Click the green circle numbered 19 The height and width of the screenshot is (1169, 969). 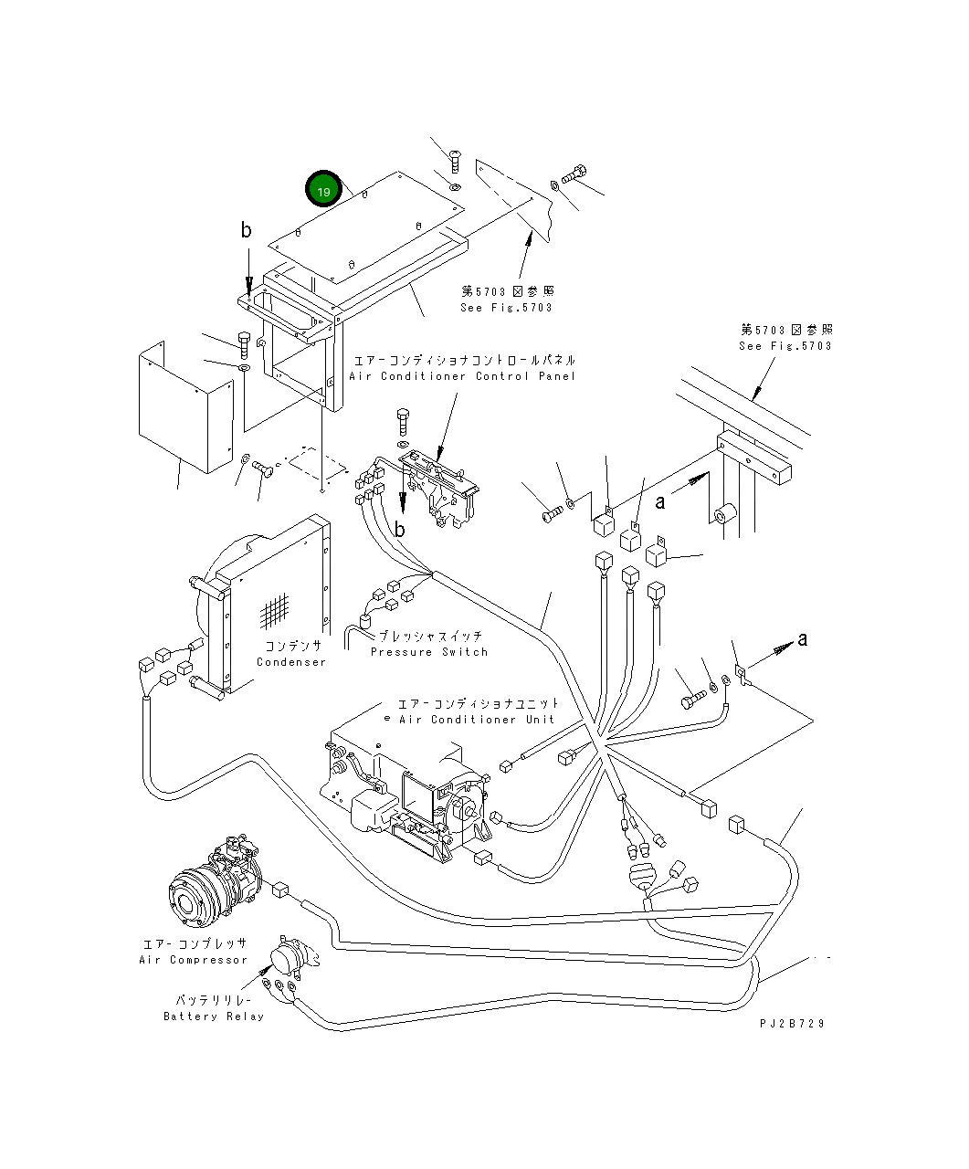[x=322, y=190]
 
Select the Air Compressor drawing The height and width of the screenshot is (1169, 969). [x=216, y=882]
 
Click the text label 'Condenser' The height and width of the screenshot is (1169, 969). [x=290, y=661]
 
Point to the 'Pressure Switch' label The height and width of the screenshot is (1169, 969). [x=429, y=651]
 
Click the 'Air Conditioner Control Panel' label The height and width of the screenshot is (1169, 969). [x=462, y=375]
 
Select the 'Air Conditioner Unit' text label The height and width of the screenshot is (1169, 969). [x=476, y=719]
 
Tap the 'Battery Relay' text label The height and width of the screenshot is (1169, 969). [x=214, y=1016]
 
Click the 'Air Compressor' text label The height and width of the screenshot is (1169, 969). [x=194, y=959]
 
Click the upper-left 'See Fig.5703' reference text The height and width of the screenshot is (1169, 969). [x=506, y=308]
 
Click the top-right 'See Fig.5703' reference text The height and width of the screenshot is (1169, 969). [x=785, y=345]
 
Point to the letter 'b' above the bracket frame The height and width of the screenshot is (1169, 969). [x=246, y=230]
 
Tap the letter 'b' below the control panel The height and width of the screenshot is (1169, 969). [x=399, y=529]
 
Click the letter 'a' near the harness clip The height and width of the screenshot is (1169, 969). [x=802, y=638]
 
